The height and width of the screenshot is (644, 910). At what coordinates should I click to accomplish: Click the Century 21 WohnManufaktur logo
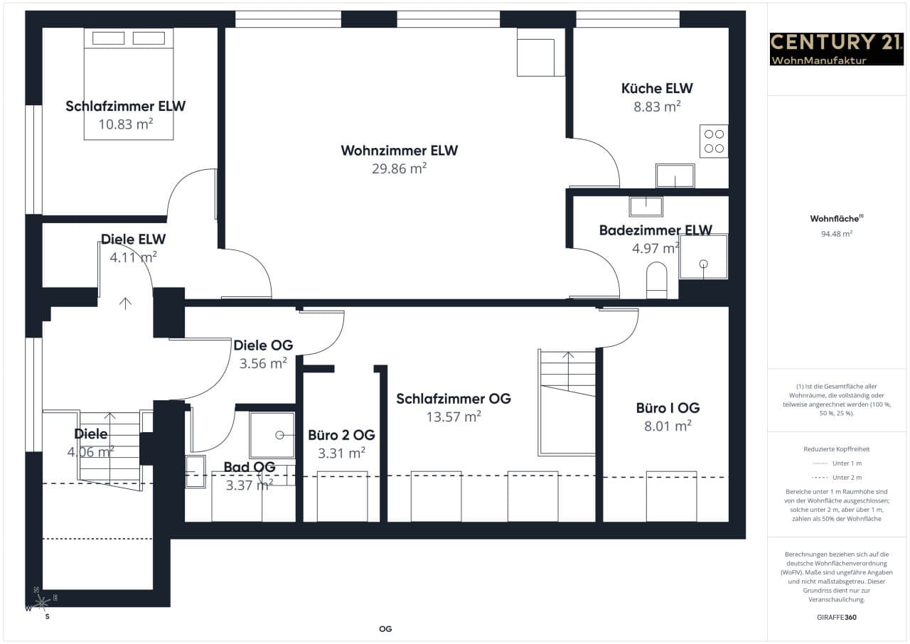click(x=837, y=49)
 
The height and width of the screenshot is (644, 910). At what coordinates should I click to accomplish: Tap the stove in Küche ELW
click(x=714, y=141)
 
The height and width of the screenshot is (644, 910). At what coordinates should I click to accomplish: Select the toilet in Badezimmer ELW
click(x=656, y=280)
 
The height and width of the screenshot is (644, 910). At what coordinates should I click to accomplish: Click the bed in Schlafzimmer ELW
click(x=129, y=84)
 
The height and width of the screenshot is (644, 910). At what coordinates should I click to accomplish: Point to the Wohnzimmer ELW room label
click(x=400, y=151)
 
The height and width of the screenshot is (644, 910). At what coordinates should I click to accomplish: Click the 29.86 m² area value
click(x=400, y=168)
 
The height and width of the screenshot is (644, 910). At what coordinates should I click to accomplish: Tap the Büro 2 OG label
click(x=341, y=435)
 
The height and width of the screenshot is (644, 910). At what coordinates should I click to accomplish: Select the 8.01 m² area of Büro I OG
click(x=668, y=426)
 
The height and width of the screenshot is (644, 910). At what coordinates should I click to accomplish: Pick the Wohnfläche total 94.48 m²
click(x=837, y=234)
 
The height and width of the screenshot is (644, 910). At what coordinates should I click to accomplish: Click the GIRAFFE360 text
click(x=837, y=617)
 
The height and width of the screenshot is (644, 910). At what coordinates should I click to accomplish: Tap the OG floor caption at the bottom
click(x=385, y=629)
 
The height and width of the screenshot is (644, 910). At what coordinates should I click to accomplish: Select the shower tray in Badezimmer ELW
click(x=704, y=257)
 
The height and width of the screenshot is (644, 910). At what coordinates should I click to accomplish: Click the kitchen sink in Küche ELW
click(x=675, y=176)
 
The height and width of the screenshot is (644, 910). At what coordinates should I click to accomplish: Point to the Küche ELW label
click(x=657, y=89)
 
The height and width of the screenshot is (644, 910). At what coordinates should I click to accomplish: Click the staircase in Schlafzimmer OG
click(x=567, y=402)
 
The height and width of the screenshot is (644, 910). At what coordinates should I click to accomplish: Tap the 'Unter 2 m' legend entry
click(x=837, y=478)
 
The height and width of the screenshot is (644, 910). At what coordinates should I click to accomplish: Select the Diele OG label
click(x=263, y=345)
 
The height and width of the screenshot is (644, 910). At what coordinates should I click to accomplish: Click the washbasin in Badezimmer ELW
click(x=646, y=207)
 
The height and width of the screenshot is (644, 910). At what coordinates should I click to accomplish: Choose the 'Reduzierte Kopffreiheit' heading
click(x=837, y=449)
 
